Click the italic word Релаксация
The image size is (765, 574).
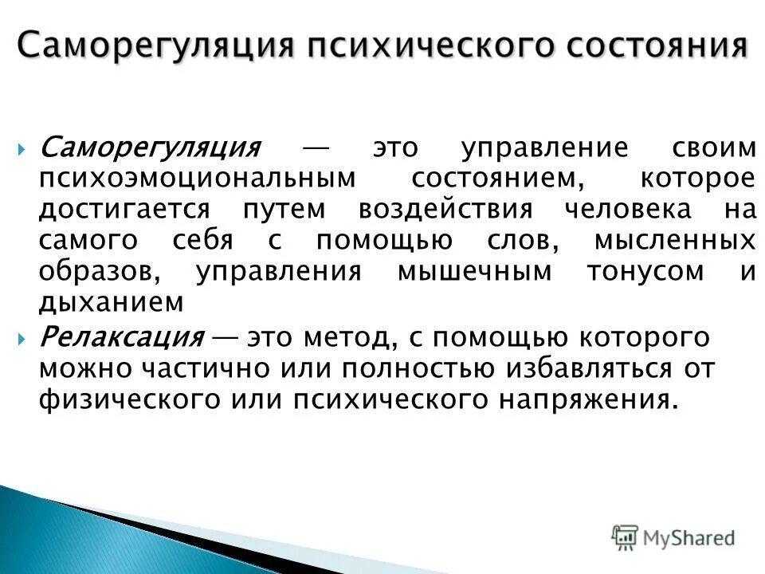pos(121,337)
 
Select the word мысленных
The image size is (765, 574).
pos(675,240)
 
